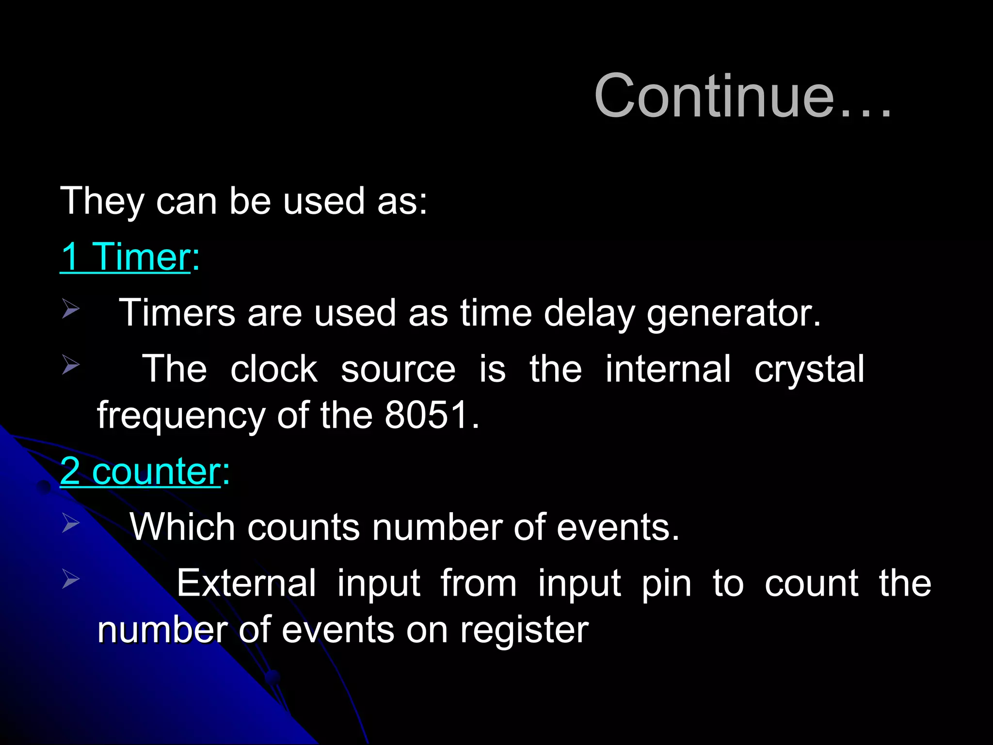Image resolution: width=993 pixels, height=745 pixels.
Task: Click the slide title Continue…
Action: pos(743,96)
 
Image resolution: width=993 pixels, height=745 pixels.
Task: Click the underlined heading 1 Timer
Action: pos(125,257)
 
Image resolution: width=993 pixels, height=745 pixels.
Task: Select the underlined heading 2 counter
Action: pos(141,471)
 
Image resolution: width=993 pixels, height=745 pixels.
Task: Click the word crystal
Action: pos(809,370)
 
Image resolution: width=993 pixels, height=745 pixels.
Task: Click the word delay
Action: pos(589,313)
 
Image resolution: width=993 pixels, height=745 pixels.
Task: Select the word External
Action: pos(246,583)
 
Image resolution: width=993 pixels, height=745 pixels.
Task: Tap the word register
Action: pos(524,631)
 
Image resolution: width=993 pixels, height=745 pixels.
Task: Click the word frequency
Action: pos(181,416)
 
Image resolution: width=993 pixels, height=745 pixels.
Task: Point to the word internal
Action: pos(668,369)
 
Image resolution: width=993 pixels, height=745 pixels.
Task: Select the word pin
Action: pos(667,584)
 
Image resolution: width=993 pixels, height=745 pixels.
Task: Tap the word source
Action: pos(398,370)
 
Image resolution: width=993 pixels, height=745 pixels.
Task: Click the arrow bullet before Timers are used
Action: pos(71,309)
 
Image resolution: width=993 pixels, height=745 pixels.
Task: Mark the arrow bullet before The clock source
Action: pos(71,365)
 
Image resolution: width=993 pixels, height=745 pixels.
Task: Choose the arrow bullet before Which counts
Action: pos(71,523)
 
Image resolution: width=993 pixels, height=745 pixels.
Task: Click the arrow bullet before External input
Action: pos(71,579)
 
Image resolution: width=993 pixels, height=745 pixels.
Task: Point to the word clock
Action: pos(273,369)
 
